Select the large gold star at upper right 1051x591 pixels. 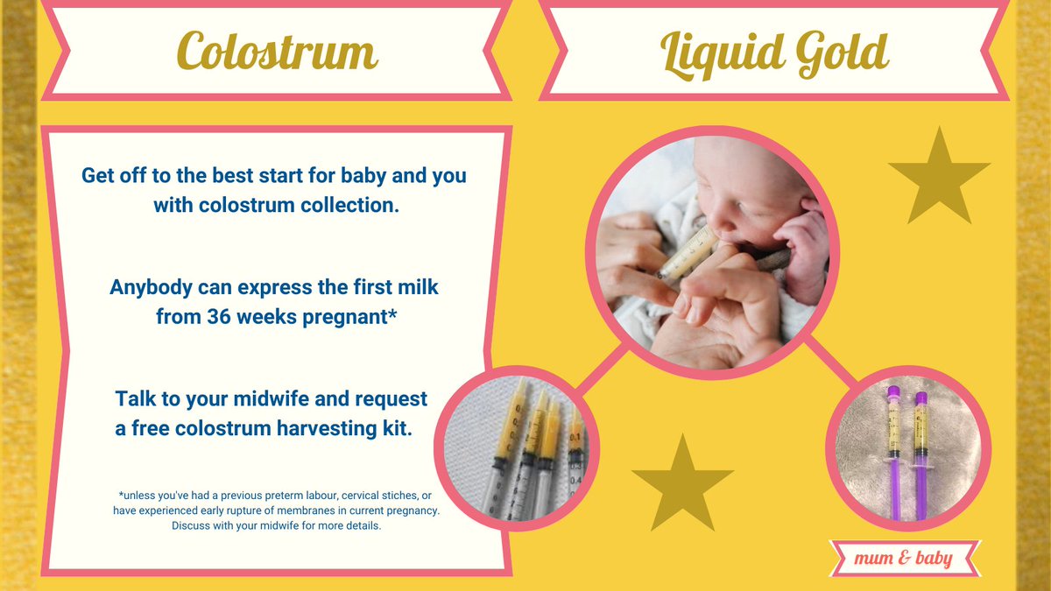[939, 178]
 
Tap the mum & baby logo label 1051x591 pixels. [905, 557]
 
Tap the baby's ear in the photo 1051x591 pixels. [804, 210]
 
